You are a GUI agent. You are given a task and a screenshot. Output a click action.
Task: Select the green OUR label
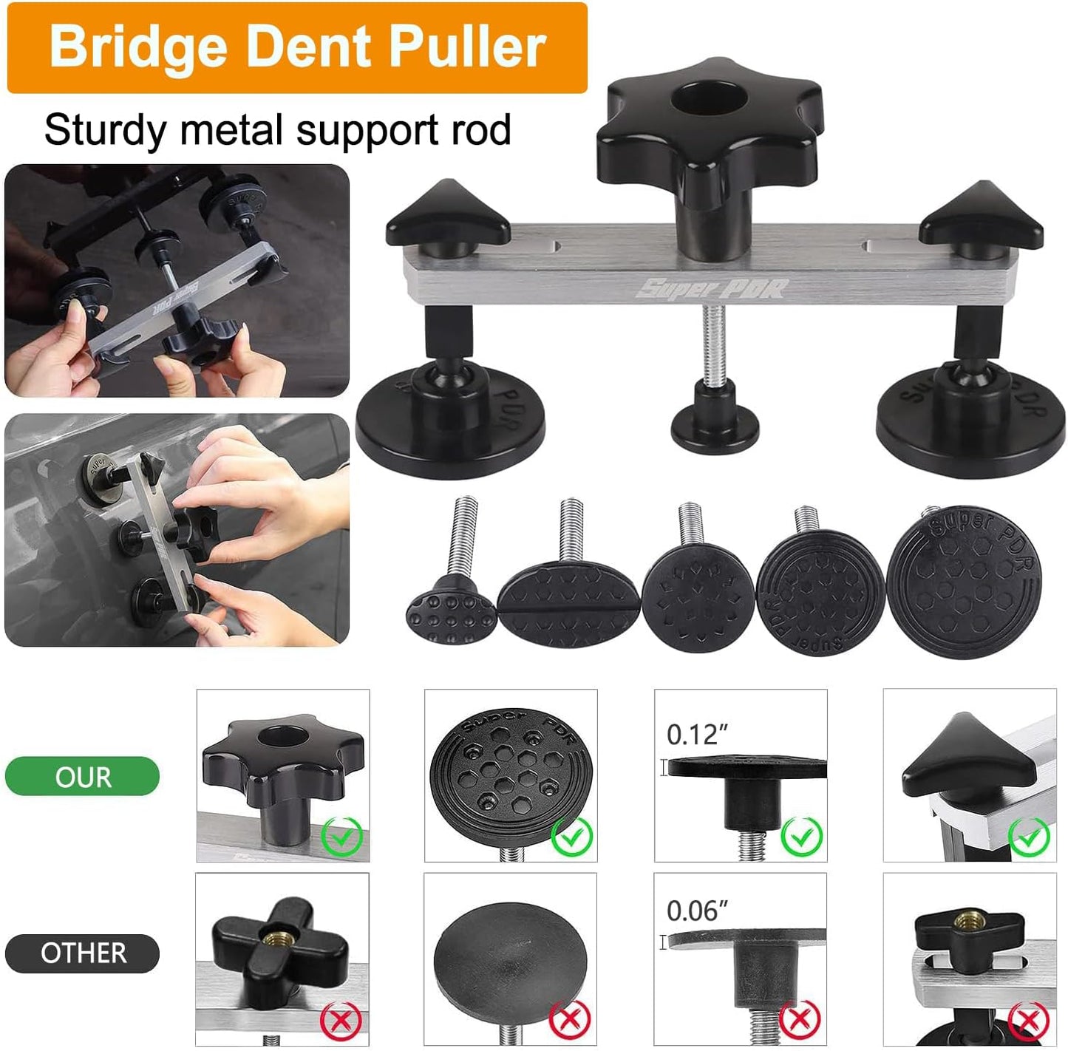pyautogui.click(x=83, y=776)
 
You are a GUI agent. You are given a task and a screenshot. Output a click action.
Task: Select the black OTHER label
pyautogui.click(x=83, y=953)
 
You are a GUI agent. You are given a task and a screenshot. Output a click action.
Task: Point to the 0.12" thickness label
pyautogui.click(x=697, y=735)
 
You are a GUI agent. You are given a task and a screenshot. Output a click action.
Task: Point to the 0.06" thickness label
pyautogui.click(x=697, y=911)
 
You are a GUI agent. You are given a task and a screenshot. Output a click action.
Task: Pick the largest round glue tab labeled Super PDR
pyautogui.click(x=964, y=582)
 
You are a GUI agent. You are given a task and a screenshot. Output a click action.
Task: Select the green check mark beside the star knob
pyautogui.click(x=342, y=836)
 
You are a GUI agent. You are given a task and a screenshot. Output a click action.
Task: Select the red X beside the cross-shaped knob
pyautogui.click(x=341, y=1018)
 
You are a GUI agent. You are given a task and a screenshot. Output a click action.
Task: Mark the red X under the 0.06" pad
pyautogui.click(x=800, y=1018)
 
